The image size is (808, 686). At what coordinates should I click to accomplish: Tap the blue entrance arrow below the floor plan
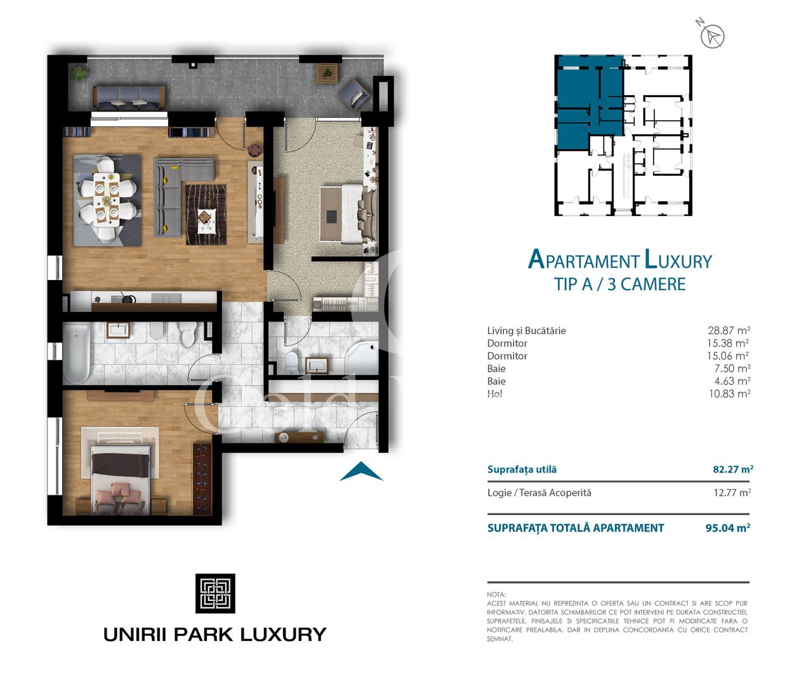click(x=361, y=472)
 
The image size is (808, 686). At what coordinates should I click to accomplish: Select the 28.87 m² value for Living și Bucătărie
click(x=729, y=330)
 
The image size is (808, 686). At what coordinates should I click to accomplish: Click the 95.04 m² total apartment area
click(x=727, y=528)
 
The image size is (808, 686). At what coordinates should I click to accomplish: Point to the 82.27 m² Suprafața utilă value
click(x=732, y=469)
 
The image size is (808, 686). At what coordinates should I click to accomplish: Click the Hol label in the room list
click(x=494, y=394)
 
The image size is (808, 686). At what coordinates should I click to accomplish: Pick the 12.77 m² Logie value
click(x=732, y=492)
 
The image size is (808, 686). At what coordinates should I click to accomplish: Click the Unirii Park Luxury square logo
click(x=215, y=593)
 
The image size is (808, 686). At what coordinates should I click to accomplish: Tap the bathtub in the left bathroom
click(x=76, y=353)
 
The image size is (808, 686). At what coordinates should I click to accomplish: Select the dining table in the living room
click(x=106, y=199)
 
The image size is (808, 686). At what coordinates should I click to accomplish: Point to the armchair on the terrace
click(x=354, y=94)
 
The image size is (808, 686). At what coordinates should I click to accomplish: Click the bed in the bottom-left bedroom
click(x=121, y=476)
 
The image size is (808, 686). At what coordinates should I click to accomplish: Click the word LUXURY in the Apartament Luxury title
click(x=678, y=260)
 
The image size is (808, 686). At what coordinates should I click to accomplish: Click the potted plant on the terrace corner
click(x=79, y=73)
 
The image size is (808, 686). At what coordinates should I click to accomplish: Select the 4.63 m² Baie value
click(x=732, y=381)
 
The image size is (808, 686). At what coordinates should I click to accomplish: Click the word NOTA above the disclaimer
click(x=496, y=595)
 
